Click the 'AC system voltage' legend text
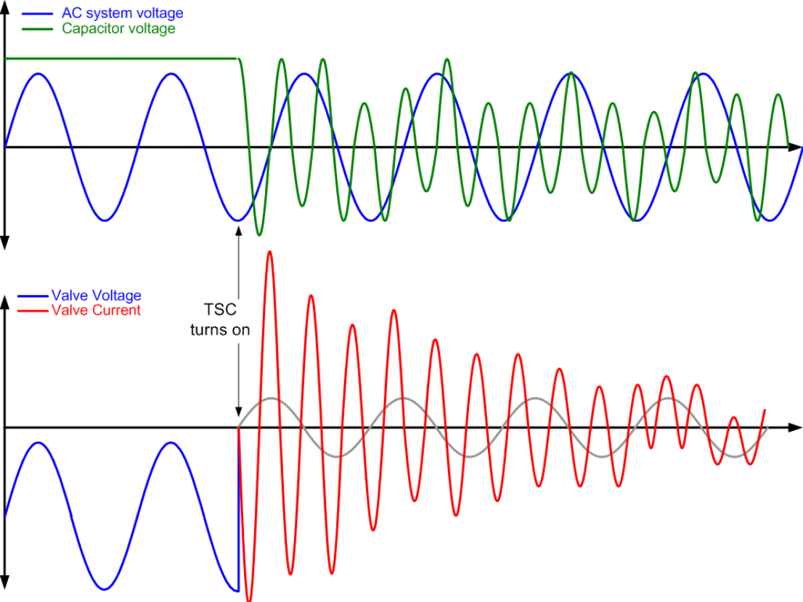[123, 13]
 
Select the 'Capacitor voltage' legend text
[118, 28]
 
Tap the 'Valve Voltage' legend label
[97, 295]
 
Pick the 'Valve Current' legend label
[97, 310]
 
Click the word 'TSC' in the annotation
[220, 310]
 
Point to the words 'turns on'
[220, 330]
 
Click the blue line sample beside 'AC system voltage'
[37, 14]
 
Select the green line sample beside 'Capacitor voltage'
[37, 29]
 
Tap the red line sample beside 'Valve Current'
[34, 310]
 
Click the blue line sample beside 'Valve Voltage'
[34, 296]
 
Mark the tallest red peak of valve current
[270, 252]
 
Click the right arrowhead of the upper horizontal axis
[795, 147]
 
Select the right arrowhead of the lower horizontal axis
[795, 427]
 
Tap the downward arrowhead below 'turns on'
[238, 412]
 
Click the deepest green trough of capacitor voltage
[259, 234]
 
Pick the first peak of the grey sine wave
[270, 398]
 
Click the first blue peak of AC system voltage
[38, 74]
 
